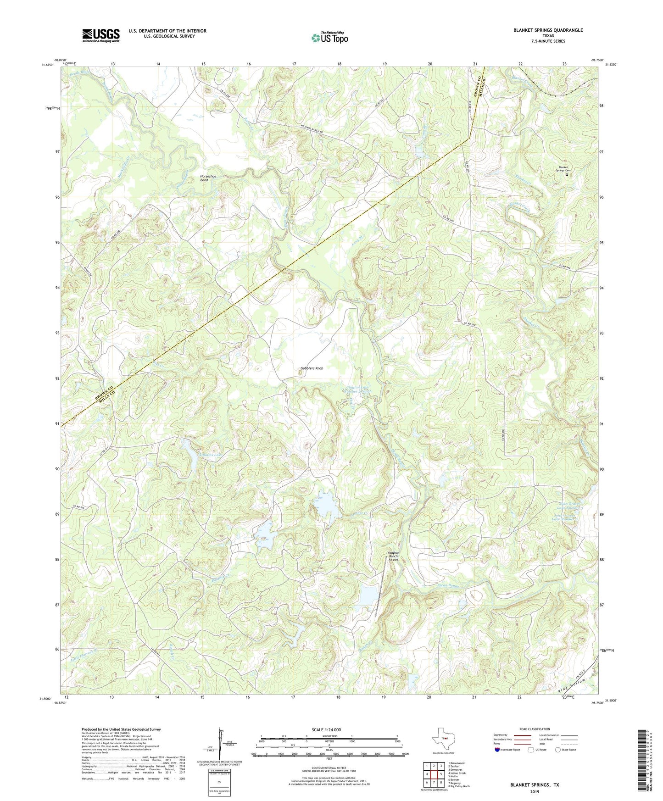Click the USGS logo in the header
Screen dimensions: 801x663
101,35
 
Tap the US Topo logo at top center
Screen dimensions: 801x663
329,37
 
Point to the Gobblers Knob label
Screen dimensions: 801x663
312,368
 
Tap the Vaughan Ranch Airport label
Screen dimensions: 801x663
394,556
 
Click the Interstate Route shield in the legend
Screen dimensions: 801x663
497,750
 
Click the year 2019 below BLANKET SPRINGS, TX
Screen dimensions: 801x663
535,791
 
